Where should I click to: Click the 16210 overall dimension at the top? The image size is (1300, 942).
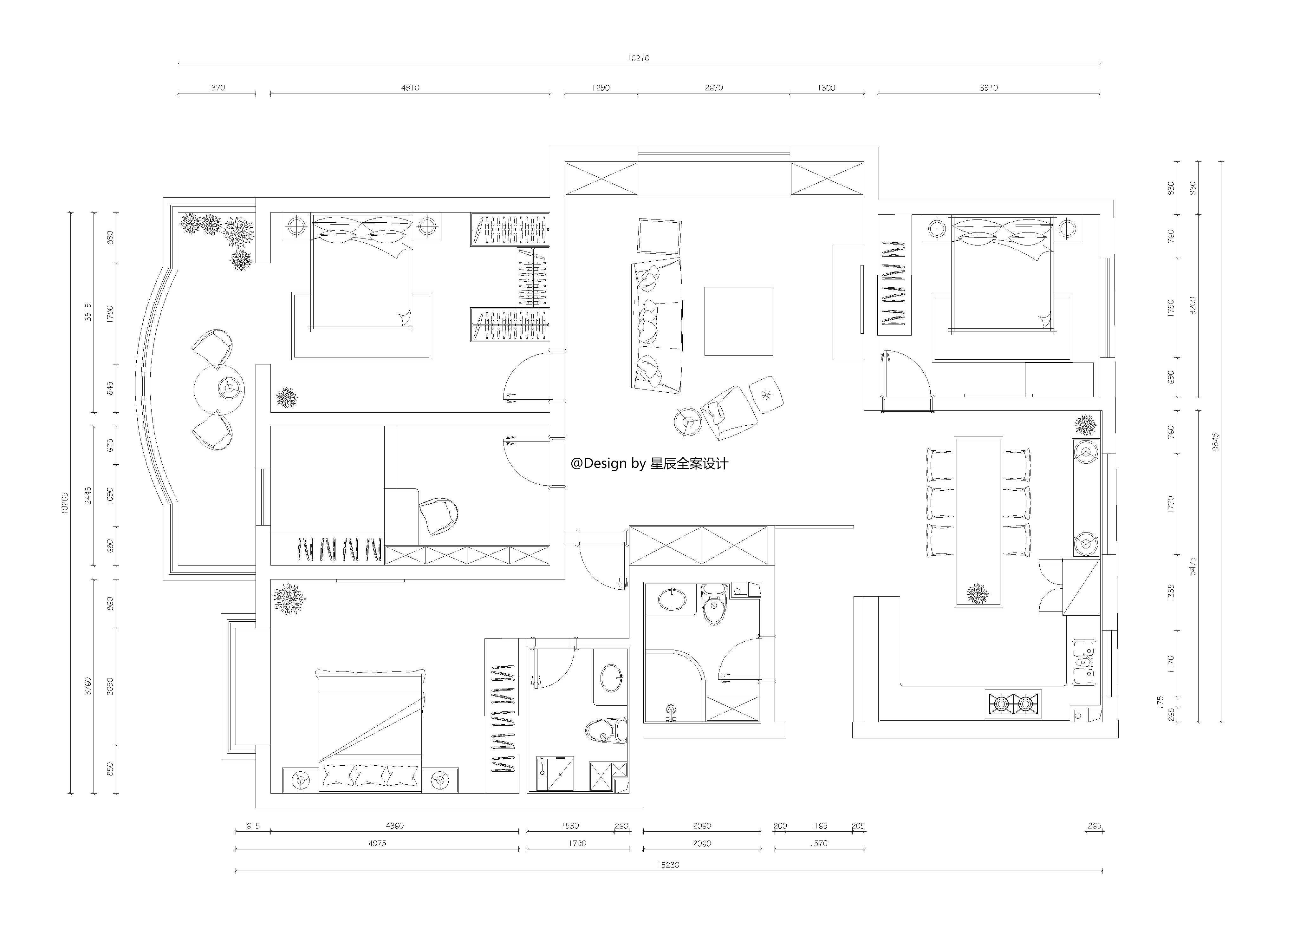point(638,58)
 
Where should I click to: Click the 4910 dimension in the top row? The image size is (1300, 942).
point(410,88)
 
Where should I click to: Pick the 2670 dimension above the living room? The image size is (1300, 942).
point(714,88)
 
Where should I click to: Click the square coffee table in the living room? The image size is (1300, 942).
point(738,321)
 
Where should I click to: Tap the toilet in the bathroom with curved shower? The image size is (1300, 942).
point(714,604)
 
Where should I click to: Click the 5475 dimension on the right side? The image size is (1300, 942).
point(1193,566)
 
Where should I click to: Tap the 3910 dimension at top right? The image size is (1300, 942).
point(988,88)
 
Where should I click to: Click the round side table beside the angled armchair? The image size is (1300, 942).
point(688,422)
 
